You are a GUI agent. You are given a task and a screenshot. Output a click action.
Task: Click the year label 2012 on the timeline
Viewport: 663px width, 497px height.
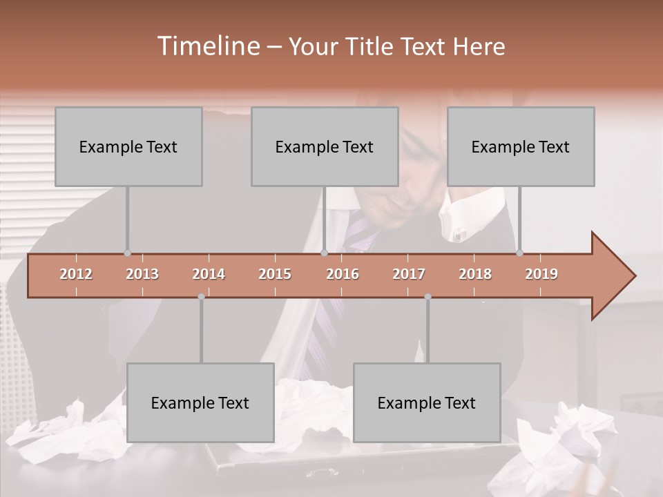click(x=76, y=274)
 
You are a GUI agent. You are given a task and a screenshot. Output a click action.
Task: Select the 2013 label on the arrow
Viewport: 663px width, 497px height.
click(x=142, y=274)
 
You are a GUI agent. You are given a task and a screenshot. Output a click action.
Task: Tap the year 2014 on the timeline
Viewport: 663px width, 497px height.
click(x=209, y=274)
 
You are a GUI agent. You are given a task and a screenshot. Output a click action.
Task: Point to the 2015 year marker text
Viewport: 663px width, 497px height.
click(x=275, y=274)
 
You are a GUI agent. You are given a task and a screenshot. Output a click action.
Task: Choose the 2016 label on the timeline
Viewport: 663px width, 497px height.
click(x=343, y=274)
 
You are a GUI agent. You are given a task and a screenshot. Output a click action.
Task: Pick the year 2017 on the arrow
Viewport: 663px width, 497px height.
click(x=409, y=274)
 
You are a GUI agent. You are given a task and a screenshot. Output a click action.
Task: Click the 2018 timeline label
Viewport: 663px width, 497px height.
click(x=475, y=274)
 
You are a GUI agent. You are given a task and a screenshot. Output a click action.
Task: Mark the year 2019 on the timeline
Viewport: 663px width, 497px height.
click(x=541, y=274)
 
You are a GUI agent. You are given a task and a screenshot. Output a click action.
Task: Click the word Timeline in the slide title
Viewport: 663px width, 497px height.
click(x=207, y=46)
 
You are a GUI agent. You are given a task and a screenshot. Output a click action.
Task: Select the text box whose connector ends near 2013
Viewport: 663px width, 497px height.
click(x=128, y=146)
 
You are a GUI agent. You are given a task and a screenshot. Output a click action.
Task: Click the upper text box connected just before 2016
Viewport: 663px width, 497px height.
click(x=325, y=146)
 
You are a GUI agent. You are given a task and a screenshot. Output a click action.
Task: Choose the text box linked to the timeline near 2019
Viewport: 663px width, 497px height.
click(x=521, y=146)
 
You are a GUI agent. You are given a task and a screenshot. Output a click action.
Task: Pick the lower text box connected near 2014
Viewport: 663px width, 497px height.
click(x=200, y=402)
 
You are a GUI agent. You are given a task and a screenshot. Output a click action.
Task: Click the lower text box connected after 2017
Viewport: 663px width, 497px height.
click(x=427, y=402)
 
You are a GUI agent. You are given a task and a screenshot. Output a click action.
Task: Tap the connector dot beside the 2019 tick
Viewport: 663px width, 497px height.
click(x=519, y=253)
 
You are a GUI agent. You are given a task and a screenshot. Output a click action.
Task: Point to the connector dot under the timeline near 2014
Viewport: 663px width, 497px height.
click(x=201, y=297)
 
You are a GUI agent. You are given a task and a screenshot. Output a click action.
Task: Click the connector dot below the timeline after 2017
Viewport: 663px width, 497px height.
click(x=427, y=297)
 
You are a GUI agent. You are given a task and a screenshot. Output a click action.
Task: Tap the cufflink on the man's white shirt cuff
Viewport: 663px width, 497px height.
click(x=458, y=235)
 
